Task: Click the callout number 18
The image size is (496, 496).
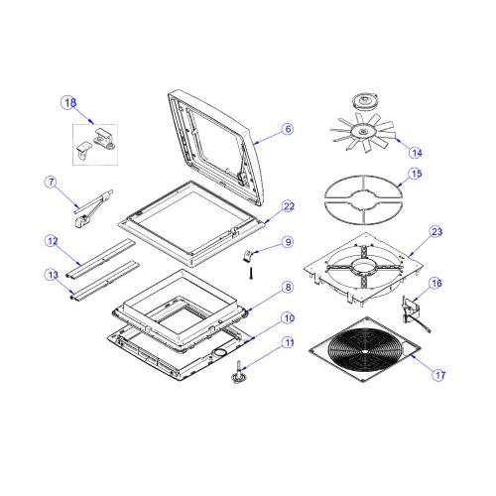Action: [70, 103]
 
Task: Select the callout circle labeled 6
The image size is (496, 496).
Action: [288, 129]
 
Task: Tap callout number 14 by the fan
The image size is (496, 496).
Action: [416, 153]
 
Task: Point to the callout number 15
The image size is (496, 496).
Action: [416, 174]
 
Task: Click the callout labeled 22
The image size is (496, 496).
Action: [289, 206]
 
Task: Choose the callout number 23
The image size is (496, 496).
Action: [436, 231]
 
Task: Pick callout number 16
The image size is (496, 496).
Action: [436, 283]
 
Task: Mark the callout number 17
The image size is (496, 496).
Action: [439, 375]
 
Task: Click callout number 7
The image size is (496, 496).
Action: [51, 182]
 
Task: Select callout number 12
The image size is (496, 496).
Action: [53, 241]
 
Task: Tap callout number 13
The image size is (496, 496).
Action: [53, 275]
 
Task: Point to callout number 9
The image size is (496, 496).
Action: [289, 242]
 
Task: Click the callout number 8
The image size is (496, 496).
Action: [289, 287]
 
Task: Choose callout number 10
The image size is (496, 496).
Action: [289, 318]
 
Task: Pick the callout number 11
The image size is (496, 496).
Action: [289, 342]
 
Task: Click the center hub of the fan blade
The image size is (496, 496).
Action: [363, 132]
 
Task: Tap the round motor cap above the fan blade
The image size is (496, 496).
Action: [365, 101]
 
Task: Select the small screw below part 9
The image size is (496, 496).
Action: [251, 273]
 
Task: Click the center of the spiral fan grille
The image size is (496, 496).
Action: [364, 351]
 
